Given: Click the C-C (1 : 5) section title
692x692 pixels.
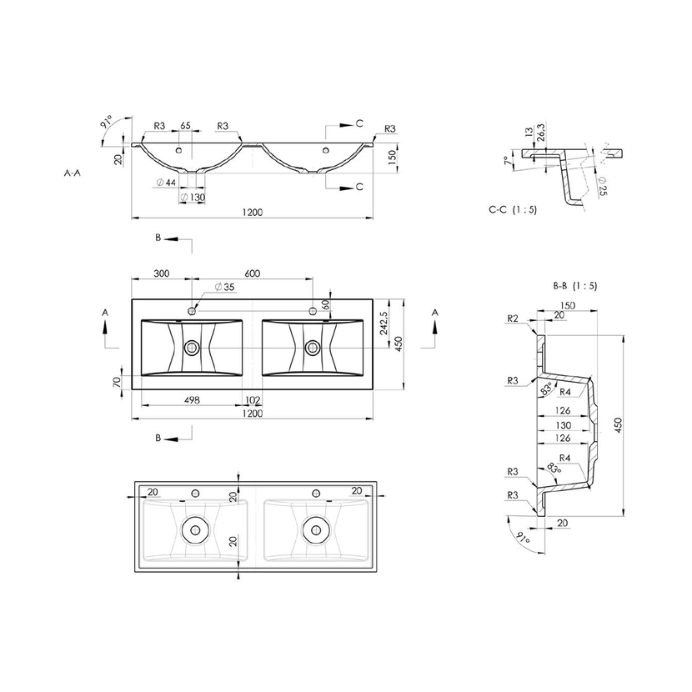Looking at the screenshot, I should coord(513,209).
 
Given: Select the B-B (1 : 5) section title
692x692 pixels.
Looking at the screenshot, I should coord(575,285).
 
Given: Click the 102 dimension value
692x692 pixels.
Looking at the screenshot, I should coord(252,400).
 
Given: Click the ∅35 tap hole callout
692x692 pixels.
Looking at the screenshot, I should coord(224,288).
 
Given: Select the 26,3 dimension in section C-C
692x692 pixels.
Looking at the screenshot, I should coord(541,134).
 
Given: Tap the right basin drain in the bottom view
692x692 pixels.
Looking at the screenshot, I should coord(316,526).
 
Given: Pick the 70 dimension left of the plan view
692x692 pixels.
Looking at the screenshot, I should coord(118,382).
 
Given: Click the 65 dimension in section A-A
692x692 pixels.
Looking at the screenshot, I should coord(185,126).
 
